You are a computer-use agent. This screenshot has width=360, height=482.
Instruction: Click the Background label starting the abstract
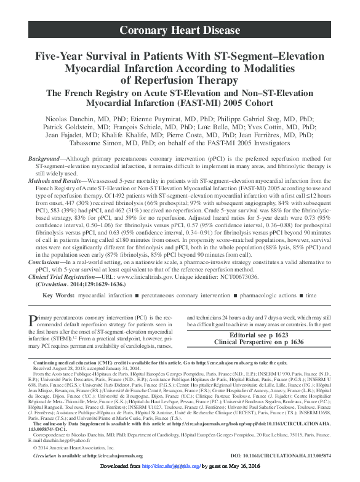coord(46,159)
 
